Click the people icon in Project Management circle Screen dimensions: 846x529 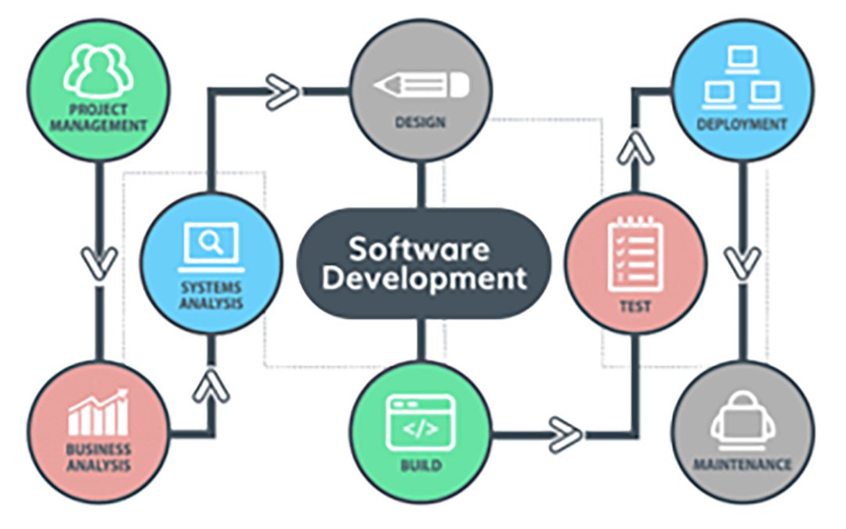point(99,71)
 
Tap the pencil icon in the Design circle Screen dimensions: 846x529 point(421,85)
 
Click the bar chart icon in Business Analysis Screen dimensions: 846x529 point(98,412)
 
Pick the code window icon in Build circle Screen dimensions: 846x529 point(421,422)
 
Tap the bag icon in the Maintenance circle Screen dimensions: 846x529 point(743,421)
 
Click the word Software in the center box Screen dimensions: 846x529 point(419,249)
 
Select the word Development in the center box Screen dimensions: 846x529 point(424,278)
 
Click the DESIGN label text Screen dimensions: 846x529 point(421,122)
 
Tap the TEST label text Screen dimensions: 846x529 point(635,306)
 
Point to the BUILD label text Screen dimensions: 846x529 point(421,465)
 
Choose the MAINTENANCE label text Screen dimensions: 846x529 point(743,464)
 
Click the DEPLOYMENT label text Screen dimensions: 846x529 point(743,125)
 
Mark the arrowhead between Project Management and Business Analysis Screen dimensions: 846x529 point(99,263)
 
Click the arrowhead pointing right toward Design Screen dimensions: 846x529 point(282,92)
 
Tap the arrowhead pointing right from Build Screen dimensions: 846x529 point(566,434)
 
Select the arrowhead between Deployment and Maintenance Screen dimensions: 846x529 point(743,263)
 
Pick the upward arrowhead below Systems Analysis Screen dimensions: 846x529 point(211,386)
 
